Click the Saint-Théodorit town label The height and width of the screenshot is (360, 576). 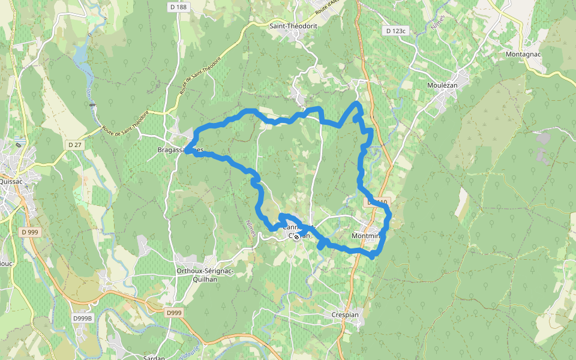point(293,26)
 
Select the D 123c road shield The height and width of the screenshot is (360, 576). point(396,31)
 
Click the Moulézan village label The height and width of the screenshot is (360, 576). point(442,86)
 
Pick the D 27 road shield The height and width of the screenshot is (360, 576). point(74,145)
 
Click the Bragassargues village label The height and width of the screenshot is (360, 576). point(180,149)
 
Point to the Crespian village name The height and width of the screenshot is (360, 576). point(345,314)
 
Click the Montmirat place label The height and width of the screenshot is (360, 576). point(367,236)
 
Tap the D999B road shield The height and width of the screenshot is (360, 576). point(83,318)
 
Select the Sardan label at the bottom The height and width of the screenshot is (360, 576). point(154,357)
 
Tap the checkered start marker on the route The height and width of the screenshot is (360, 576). point(296,237)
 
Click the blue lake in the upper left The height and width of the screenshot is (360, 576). point(80,55)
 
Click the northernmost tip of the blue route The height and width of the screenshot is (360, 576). point(356,104)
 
